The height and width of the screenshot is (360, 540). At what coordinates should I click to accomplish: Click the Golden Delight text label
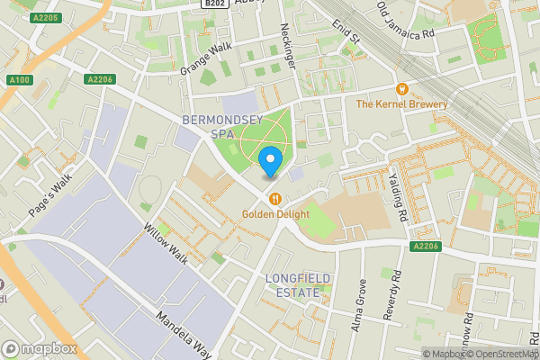[x=274, y=214]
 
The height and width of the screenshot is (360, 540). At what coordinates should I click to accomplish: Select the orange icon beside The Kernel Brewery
[x=401, y=89]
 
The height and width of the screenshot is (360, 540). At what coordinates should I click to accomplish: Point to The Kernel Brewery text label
[x=401, y=104]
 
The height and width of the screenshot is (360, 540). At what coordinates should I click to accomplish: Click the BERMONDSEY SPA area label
[x=214, y=126]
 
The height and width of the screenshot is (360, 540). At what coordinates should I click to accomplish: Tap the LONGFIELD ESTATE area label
[x=292, y=285]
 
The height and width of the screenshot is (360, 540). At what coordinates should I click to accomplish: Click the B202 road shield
[x=213, y=4]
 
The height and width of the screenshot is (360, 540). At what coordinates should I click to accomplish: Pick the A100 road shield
[x=20, y=80]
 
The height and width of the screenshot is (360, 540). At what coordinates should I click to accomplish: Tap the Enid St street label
[x=345, y=32]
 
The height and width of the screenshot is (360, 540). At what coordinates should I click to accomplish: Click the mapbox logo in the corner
[x=39, y=348]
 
